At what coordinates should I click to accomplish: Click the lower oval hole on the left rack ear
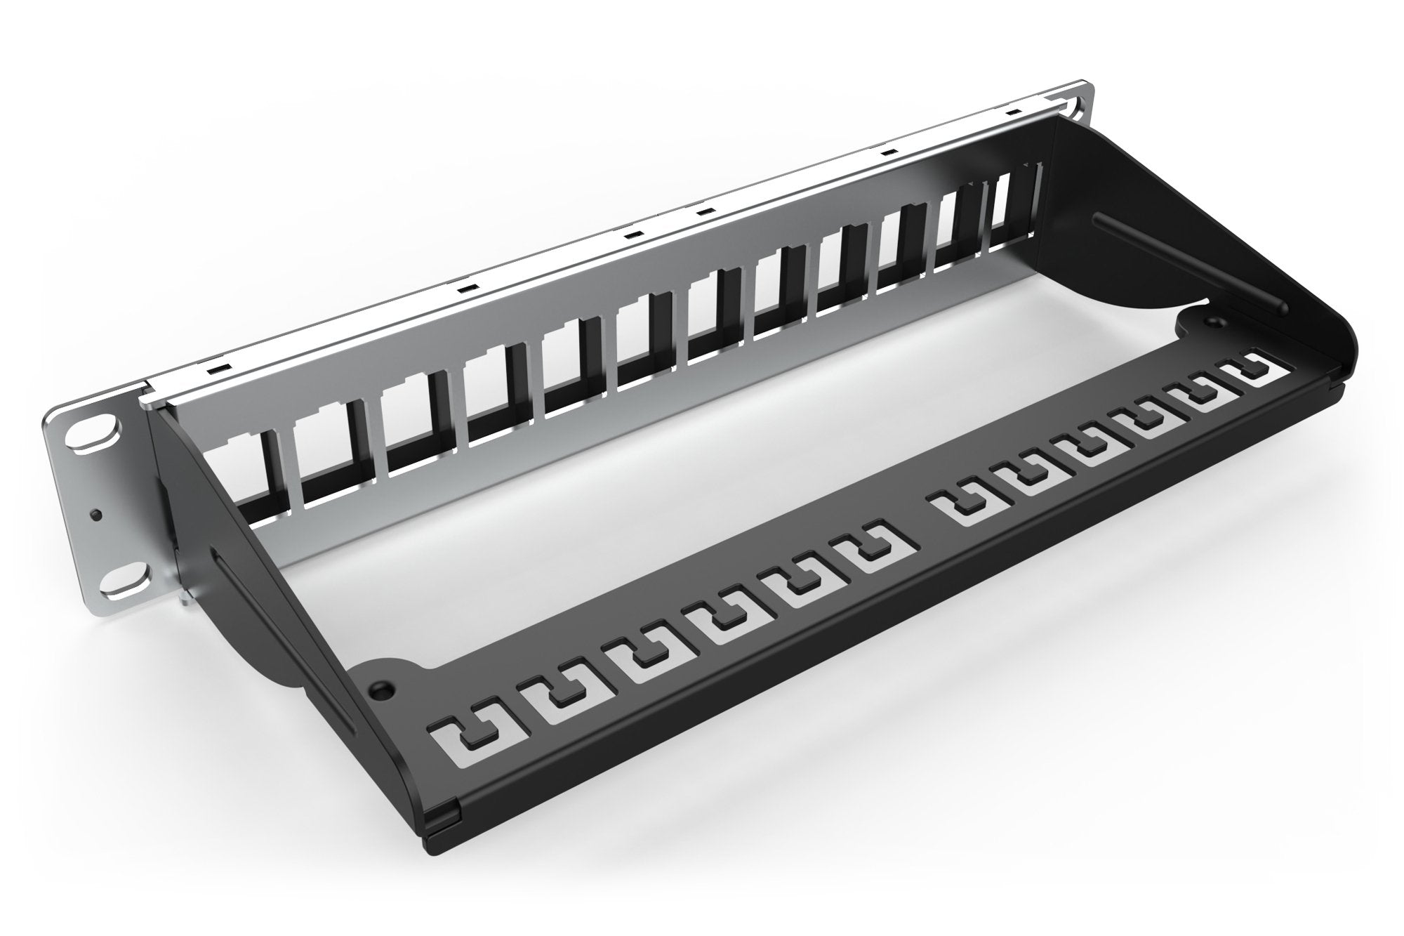coord(126,577)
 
